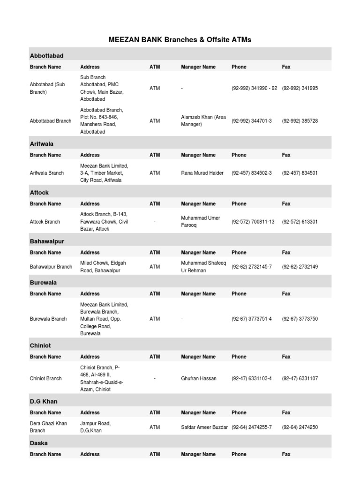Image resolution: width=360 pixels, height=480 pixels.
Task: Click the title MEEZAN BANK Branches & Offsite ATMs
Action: [180, 40]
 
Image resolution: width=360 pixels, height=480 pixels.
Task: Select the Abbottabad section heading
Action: [46, 56]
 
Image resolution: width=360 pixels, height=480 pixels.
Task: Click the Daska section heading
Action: [38, 443]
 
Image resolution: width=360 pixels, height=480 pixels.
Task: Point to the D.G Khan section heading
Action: [44, 402]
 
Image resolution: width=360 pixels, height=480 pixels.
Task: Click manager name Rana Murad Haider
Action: [202, 173]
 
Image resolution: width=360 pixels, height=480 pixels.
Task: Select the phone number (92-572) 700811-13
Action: [253, 222]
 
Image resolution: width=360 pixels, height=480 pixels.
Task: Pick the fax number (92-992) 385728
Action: [300, 121]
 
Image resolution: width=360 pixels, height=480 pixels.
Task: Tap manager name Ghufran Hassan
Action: [199, 378]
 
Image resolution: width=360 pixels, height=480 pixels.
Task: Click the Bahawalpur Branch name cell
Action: [51, 267]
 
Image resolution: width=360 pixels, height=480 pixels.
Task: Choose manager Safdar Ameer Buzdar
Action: [204, 427]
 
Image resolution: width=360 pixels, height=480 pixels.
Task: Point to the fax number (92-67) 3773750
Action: [300, 319]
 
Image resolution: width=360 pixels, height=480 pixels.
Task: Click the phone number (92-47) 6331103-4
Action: [251, 378]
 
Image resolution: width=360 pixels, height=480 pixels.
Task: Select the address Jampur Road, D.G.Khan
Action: [96, 427]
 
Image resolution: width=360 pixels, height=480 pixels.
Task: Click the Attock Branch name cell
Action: [45, 222]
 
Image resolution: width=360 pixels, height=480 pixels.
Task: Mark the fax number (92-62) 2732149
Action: [300, 267]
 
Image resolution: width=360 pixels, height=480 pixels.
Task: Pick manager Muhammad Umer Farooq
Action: [201, 222]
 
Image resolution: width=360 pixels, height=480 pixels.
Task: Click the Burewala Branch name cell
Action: [48, 319]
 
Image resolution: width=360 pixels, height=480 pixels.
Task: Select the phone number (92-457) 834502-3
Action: [251, 173]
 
